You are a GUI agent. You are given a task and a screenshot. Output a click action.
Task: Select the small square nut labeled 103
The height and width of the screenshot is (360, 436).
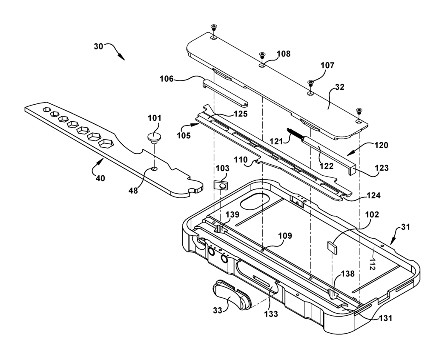pos(220,185)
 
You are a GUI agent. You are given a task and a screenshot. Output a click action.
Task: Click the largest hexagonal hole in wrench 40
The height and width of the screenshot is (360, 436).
pos(106,143)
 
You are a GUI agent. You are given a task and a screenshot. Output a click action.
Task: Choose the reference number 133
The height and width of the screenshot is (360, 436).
pos(271,314)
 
